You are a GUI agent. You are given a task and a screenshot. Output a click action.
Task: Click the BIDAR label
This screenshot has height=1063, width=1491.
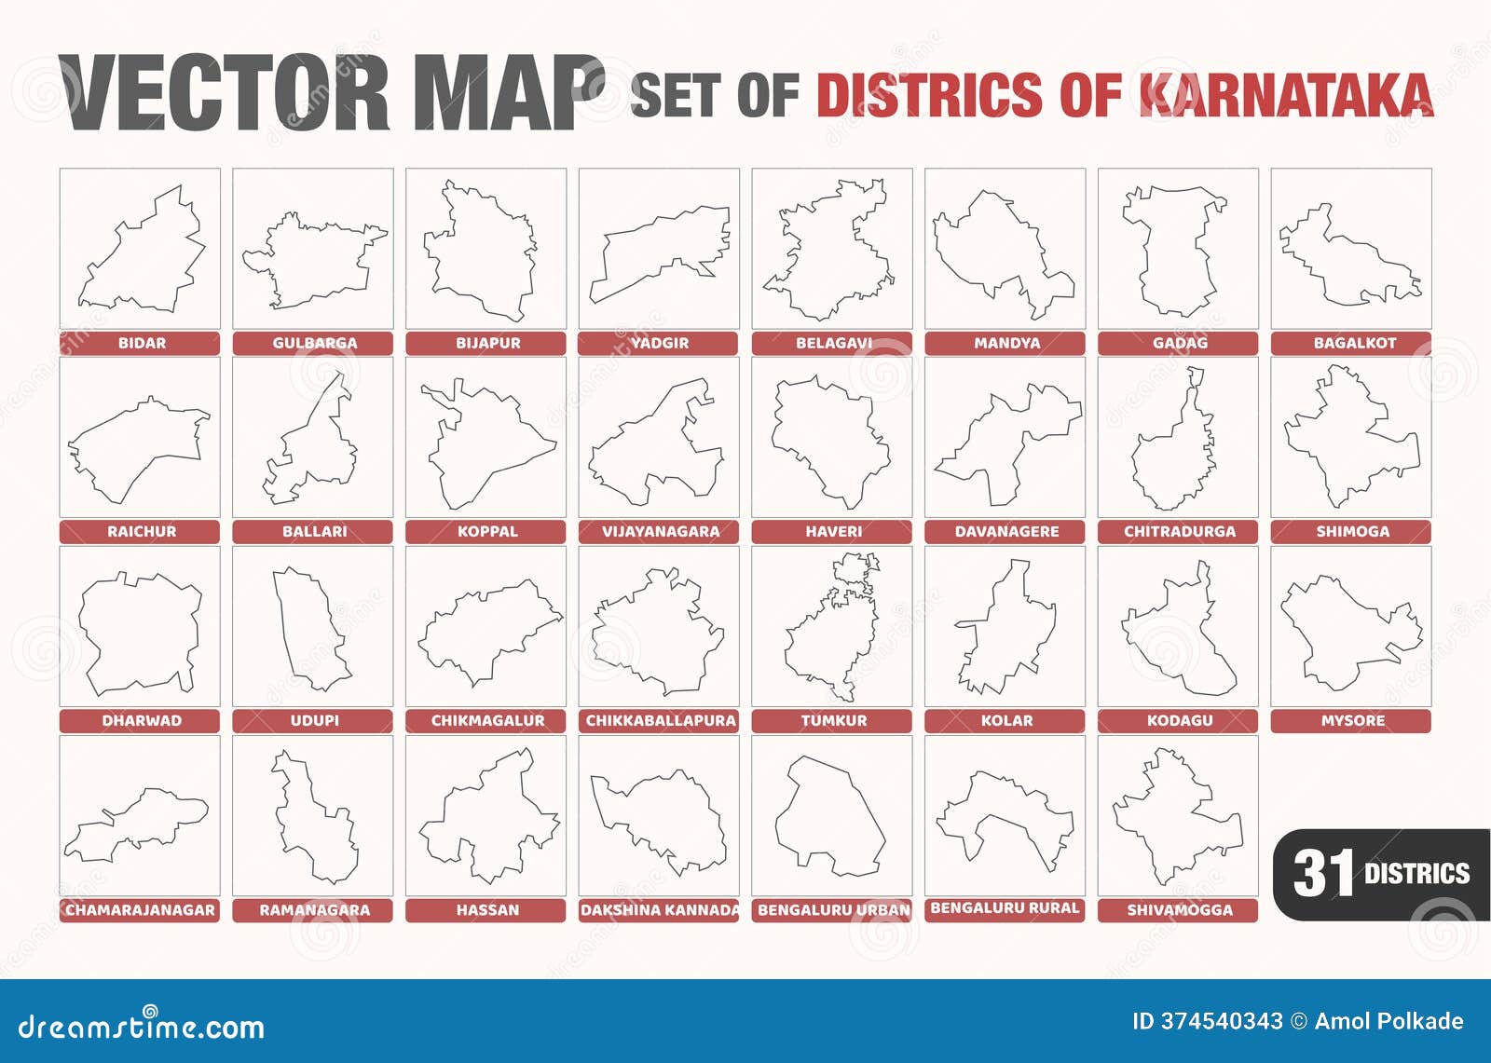coord(141,343)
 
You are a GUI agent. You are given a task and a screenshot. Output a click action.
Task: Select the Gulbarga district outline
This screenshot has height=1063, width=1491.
coord(314,260)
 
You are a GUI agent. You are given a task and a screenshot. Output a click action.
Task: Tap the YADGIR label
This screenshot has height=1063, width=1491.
coord(659,343)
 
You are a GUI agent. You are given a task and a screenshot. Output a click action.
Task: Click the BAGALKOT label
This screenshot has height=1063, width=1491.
coord(1354,343)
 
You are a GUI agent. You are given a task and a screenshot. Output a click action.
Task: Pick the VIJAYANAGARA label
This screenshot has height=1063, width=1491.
coord(660,532)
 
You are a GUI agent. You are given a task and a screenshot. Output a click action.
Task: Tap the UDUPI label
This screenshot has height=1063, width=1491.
coord(314,721)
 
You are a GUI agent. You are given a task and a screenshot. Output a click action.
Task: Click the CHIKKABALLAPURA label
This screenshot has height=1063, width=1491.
coord(660,721)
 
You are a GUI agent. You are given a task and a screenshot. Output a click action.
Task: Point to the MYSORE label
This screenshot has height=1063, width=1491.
coord(1352,721)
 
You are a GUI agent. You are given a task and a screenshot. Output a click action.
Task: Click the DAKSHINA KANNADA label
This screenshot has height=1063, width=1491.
coord(660,910)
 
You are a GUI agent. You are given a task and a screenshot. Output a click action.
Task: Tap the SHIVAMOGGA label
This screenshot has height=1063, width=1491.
coord(1179,910)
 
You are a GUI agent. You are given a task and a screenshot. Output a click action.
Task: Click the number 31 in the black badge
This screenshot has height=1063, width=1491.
coord(1322,874)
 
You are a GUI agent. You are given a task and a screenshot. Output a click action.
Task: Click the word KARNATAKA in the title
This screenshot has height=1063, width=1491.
coord(1286,95)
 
